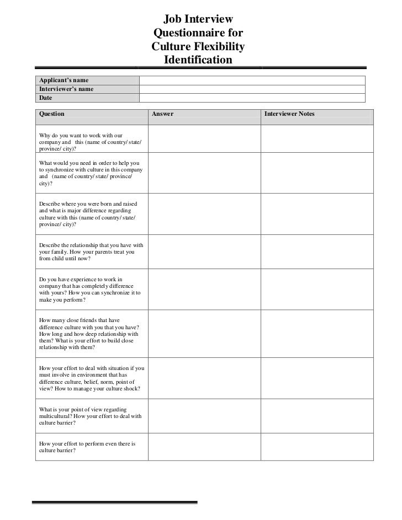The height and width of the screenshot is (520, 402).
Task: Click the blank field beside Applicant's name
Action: tap(252, 81)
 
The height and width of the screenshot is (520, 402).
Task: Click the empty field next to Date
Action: tap(252, 98)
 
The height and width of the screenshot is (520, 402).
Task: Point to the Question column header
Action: tap(51, 114)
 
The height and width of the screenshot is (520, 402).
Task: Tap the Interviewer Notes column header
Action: tap(289, 114)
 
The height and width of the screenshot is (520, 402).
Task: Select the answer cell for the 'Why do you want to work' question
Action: tap(204, 140)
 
